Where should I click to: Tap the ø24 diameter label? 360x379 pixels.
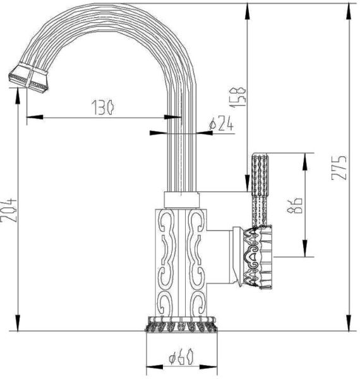tap(221, 124)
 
